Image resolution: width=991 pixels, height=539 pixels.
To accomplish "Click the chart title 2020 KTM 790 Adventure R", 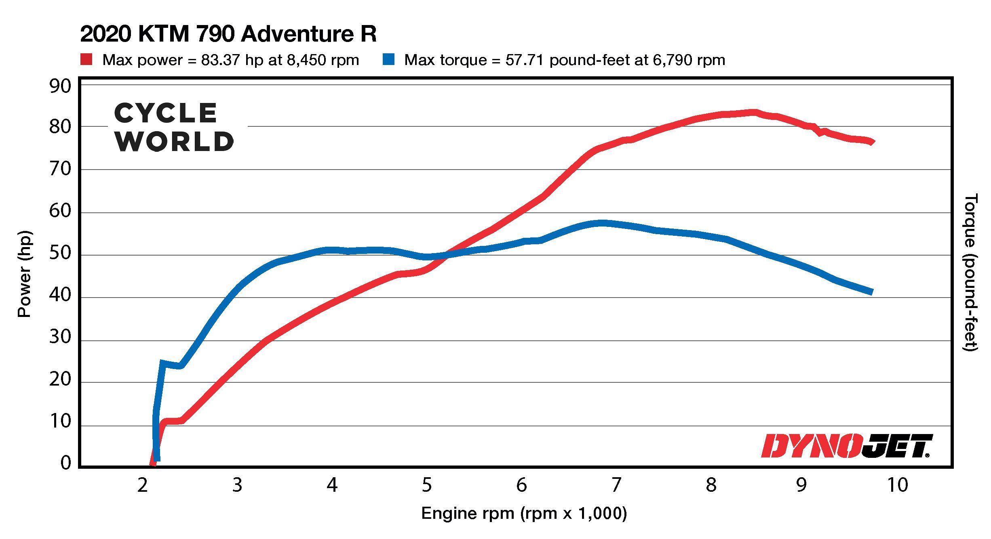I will click(228, 34).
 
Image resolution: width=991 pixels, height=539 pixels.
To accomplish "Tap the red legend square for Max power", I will click(86, 60).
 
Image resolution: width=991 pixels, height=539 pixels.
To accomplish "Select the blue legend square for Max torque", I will click(388, 60).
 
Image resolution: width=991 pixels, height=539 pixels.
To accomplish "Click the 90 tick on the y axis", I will click(60, 86).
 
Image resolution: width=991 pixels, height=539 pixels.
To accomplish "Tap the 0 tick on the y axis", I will click(65, 463).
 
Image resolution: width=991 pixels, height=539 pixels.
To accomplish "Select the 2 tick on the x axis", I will click(142, 485).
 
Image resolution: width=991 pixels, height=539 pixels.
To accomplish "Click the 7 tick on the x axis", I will click(616, 485).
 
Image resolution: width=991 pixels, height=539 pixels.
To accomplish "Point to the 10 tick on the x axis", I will click(898, 485).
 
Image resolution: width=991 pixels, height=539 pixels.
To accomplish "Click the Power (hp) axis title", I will click(24, 274).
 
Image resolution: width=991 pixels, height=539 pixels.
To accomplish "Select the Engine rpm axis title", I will click(524, 513).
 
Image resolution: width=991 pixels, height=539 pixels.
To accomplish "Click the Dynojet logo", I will click(846, 446).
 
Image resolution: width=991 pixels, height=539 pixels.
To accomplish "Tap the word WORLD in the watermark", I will click(174, 141).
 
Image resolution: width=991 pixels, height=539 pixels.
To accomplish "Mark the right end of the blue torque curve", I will click(871, 292).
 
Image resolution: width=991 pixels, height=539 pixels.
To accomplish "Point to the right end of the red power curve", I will click(872, 142).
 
